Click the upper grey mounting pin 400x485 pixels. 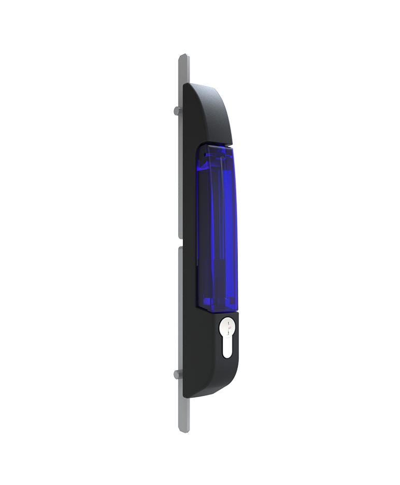(x=177, y=111)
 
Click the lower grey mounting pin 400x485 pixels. (x=177, y=374)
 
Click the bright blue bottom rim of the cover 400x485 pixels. (x=218, y=306)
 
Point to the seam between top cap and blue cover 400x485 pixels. (x=215, y=143)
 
